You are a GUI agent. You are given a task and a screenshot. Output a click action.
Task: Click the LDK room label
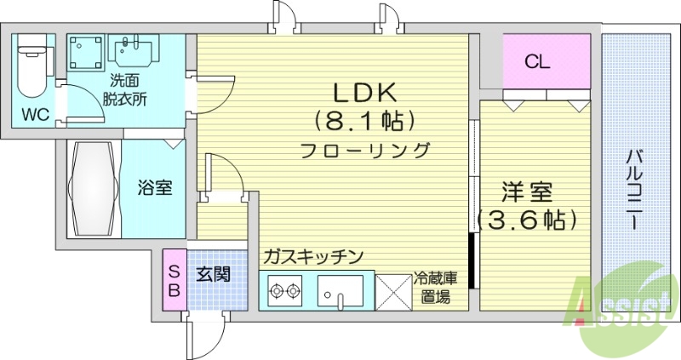(363, 91)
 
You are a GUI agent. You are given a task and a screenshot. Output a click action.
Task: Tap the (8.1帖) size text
(363, 120)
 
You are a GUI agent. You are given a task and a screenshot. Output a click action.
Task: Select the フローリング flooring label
(363, 150)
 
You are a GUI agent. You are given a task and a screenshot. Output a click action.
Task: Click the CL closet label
(537, 61)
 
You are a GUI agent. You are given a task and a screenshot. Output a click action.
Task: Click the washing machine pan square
(85, 51)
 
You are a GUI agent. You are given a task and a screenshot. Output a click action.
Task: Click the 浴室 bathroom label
(156, 188)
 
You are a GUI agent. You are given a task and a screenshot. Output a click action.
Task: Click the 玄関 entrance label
(213, 275)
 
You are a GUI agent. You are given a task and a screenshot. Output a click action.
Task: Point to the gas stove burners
(285, 291)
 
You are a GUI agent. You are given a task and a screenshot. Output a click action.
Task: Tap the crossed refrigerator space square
(392, 291)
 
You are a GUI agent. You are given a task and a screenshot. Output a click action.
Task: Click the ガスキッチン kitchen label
(313, 255)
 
